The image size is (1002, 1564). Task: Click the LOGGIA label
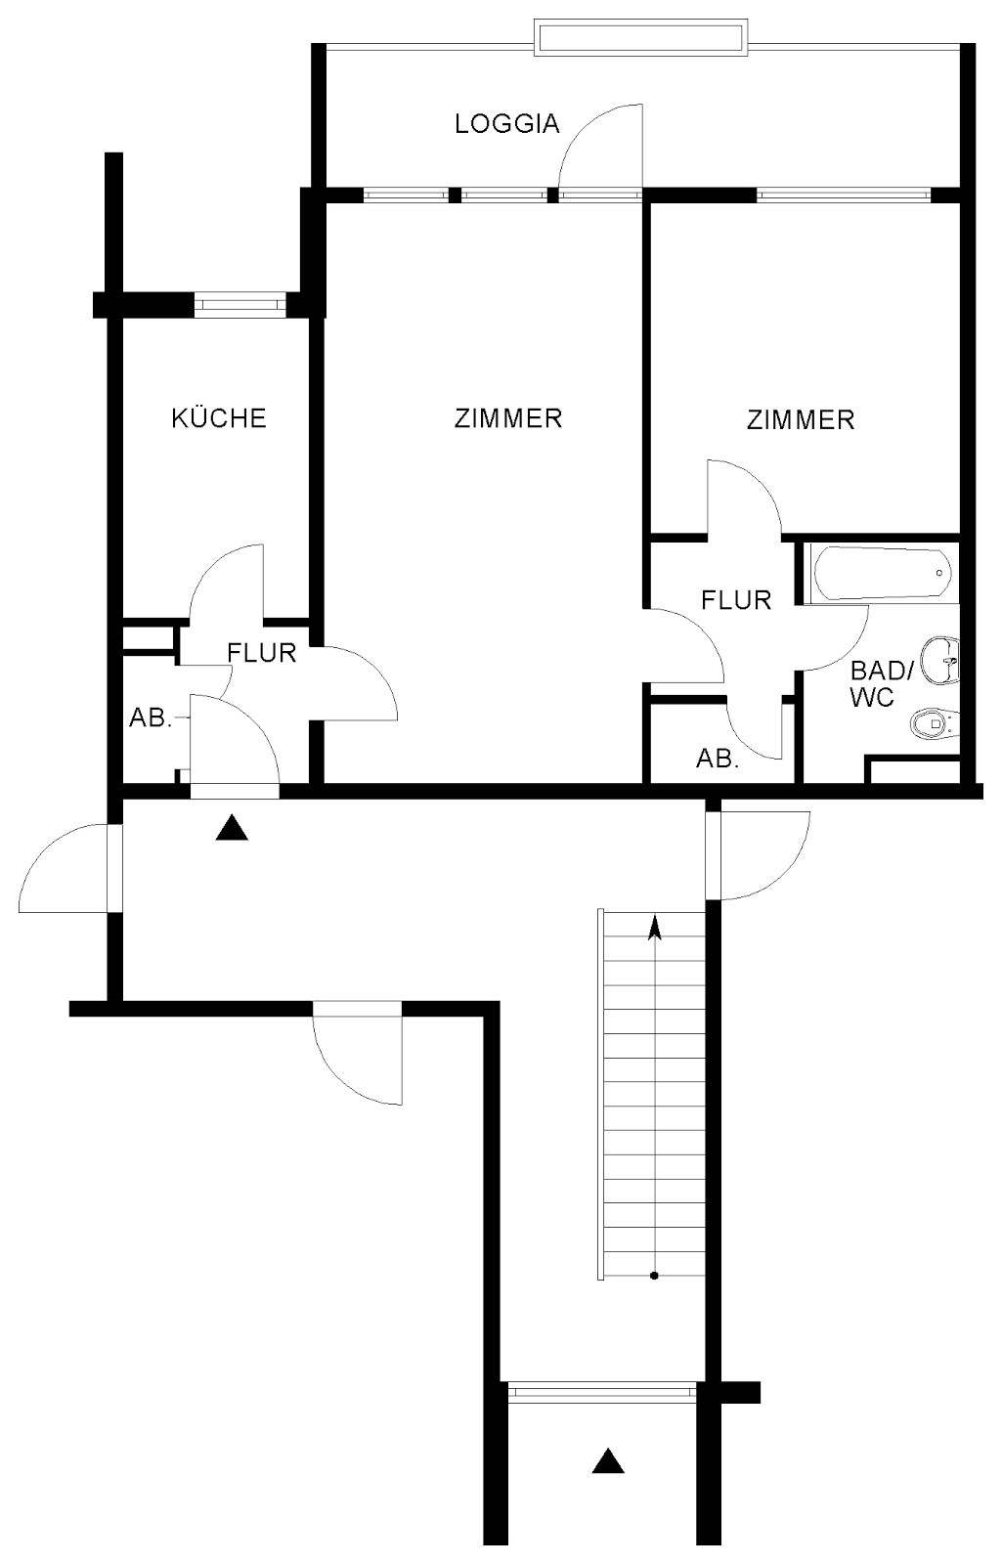point(507,123)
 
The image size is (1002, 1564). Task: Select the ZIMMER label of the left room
point(507,418)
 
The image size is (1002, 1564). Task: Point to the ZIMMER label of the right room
point(801,419)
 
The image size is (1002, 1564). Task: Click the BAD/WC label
point(881,683)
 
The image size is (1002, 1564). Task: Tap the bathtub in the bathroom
point(881,573)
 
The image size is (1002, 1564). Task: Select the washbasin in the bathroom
point(940,660)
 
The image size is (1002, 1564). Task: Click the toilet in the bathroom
point(936,723)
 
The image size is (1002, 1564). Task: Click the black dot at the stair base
point(654,1276)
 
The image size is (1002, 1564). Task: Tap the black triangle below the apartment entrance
point(232,829)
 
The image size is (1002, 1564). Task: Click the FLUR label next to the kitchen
point(262,653)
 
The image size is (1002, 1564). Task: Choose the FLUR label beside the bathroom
point(736,600)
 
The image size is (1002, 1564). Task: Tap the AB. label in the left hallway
point(151,717)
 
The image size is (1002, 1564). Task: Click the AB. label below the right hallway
point(718,759)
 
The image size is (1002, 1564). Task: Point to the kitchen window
point(240,304)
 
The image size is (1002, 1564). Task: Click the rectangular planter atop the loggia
point(639,38)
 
